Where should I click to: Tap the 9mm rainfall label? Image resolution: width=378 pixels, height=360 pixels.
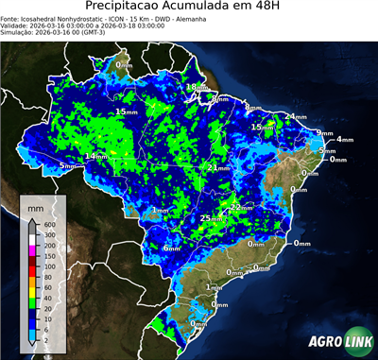pyautogui.click(x=324, y=132)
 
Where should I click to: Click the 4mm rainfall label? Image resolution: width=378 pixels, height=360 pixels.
pyautogui.click(x=344, y=140)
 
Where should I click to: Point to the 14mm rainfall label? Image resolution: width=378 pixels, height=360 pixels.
pyautogui.click(x=95, y=156)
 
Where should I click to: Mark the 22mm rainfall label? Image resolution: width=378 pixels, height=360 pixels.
pyautogui.click(x=241, y=206)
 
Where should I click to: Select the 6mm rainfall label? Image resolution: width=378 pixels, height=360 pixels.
pyautogui.click(x=172, y=248)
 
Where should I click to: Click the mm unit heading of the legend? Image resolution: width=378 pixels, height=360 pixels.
pyautogui.click(x=36, y=206)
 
